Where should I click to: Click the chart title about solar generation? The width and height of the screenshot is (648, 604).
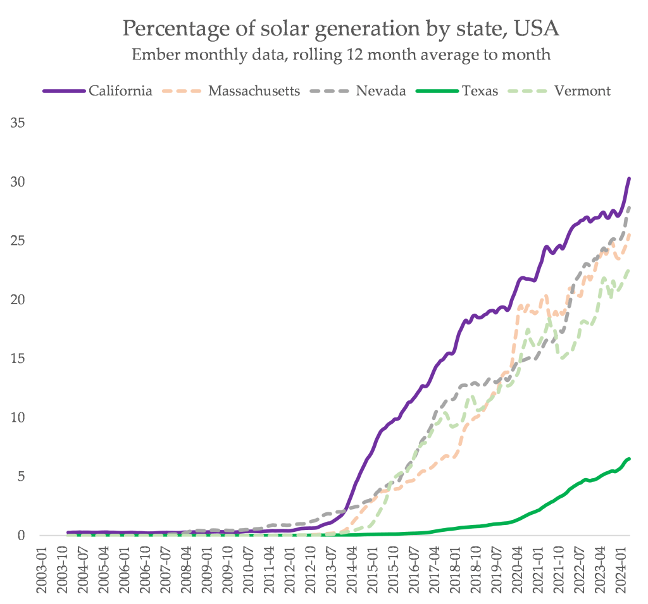[x=340, y=29]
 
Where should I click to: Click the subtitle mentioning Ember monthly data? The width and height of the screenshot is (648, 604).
[x=340, y=55]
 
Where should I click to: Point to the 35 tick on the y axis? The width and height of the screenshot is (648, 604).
[x=18, y=123]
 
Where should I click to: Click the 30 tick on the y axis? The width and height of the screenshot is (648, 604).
[x=18, y=182]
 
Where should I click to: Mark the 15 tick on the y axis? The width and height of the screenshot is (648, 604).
[x=18, y=359]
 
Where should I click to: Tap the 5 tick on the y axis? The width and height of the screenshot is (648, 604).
[x=21, y=476]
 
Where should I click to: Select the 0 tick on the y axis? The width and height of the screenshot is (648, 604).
[x=21, y=535]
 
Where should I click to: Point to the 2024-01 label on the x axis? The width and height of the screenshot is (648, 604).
[x=623, y=569]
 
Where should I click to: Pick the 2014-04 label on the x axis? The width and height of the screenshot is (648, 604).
[x=351, y=569]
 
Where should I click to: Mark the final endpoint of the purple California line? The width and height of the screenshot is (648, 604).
[x=629, y=178]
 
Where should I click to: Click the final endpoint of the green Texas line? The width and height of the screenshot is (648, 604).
[x=629, y=459]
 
